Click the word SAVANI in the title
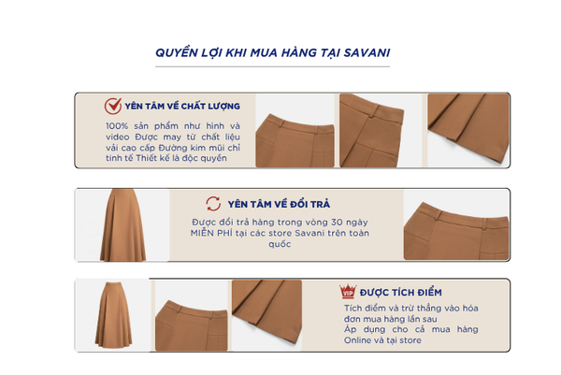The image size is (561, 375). [x=367, y=52]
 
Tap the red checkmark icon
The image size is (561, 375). [x=113, y=106]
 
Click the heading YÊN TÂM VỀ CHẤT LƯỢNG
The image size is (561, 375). [x=182, y=107]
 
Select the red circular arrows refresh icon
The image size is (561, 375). [x=213, y=204]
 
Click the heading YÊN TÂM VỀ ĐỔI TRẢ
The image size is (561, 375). [x=279, y=204]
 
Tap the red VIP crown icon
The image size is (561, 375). [x=348, y=292]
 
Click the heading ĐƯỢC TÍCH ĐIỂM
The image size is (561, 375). [x=401, y=293]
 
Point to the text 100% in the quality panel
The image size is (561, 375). [x=117, y=126]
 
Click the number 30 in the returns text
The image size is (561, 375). [x=337, y=223]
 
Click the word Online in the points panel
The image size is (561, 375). [x=357, y=340]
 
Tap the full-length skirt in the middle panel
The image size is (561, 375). [x=122, y=225]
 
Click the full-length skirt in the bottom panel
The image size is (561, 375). [x=114, y=314]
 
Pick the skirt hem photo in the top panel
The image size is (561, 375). [x=468, y=129]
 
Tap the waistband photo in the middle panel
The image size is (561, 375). [x=456, y=230]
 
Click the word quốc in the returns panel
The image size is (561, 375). [x=280, y=244]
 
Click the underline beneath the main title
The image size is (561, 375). [x=272, y=66]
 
